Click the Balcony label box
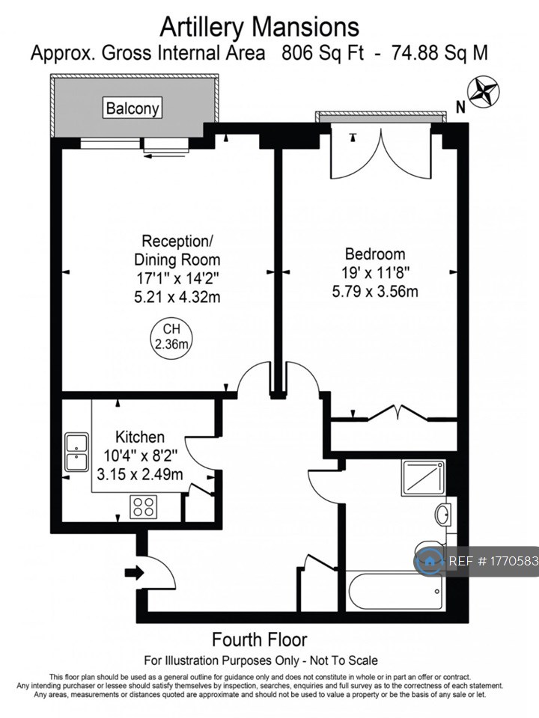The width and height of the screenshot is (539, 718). point(133,108)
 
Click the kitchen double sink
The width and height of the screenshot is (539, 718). point(77,452)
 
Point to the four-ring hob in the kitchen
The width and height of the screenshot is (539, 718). point(144,508)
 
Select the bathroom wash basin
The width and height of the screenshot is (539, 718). point(443,515)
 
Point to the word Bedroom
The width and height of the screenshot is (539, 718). point(375,254)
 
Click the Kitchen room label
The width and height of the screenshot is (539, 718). point(139,437)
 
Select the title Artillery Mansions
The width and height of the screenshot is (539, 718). point(260,27)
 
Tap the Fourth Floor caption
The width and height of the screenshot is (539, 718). point(260,639)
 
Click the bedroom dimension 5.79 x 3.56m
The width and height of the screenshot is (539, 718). point(375,291)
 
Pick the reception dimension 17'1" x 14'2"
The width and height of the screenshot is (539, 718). point(177,279)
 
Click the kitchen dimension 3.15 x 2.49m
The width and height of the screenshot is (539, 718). point(139,473)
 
